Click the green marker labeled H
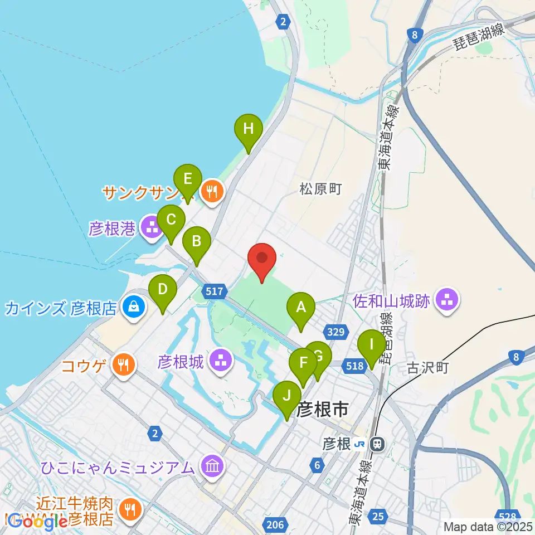point(248,129)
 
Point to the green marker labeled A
point(301,307)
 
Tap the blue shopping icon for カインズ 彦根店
point(134,305)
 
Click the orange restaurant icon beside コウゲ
point(122,365)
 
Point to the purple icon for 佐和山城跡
point(447,301)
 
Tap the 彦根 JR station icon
point(378,444)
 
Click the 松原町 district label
point(320,189)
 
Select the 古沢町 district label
point(428,368)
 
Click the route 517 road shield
point(215,291)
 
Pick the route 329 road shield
point(335,332)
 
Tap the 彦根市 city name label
point(323,411)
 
